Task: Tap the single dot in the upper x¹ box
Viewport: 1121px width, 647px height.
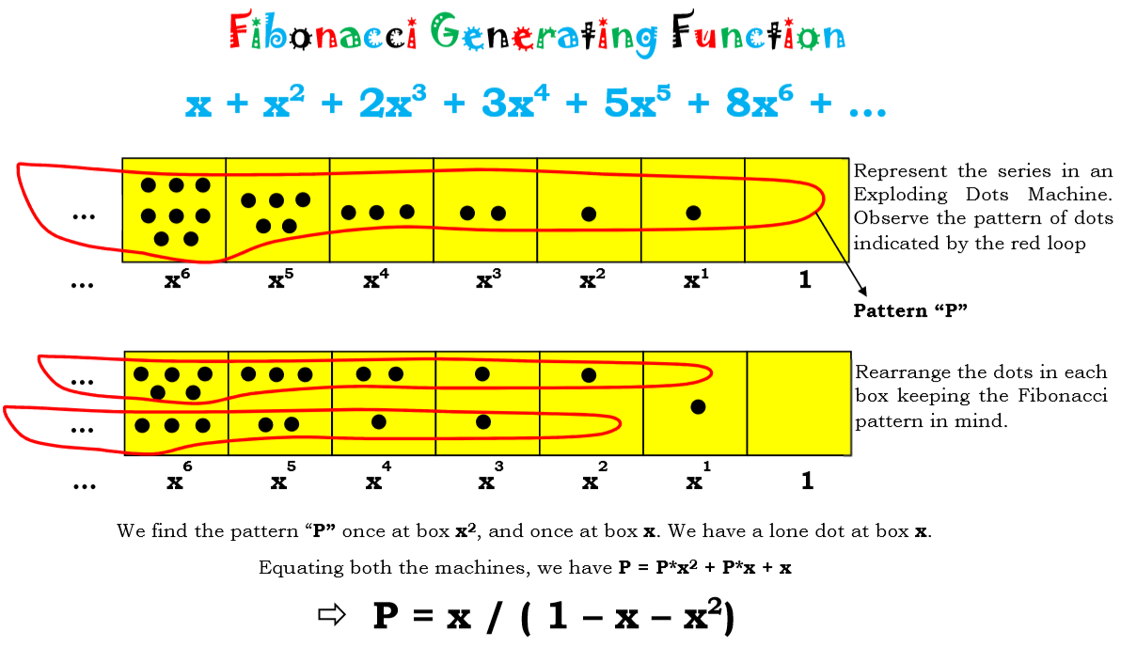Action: [693, 213]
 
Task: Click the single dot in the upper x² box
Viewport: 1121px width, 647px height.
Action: [589, 214]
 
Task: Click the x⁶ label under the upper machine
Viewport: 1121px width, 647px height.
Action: [173, 279]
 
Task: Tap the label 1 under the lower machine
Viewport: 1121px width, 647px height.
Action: [807, 481]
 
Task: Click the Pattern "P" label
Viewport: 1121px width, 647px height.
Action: [910, 310]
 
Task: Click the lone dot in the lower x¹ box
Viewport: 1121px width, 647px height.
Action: [698, 407]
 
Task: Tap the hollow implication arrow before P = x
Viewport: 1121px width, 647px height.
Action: [331, 616]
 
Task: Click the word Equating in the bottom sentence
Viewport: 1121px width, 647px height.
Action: [292, 568]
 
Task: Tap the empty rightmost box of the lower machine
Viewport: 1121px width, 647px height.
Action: [798, 403]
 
